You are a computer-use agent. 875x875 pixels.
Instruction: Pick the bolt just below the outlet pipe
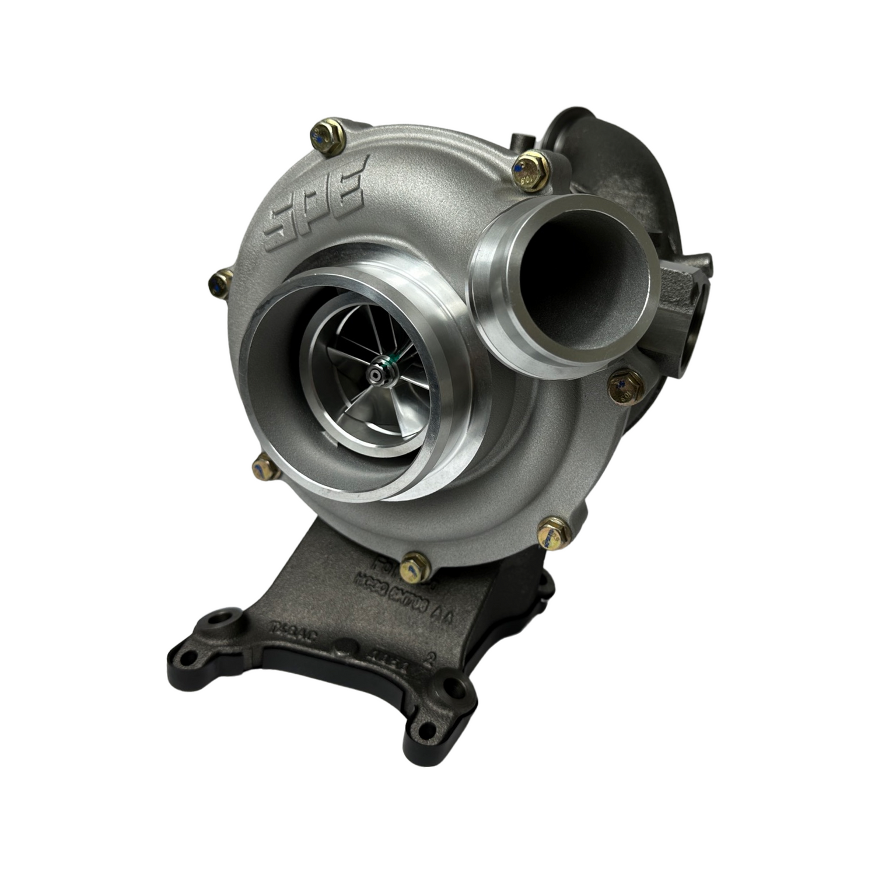click(x=625, y=386)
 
